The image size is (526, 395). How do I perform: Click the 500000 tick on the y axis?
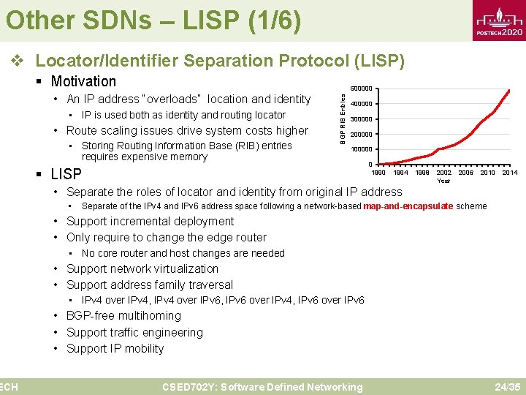[x=361, y=89]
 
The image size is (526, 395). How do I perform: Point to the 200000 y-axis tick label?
[x=361, y=135]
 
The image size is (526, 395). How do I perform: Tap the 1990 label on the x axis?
[x=379, y=173]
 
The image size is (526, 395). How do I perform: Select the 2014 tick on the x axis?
[x=509, y=173]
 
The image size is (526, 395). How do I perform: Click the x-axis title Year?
[x=443, y=181]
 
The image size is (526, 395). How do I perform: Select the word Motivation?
[x=83, y=81]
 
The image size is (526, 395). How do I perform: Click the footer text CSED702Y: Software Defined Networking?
[x=262, y=387]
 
